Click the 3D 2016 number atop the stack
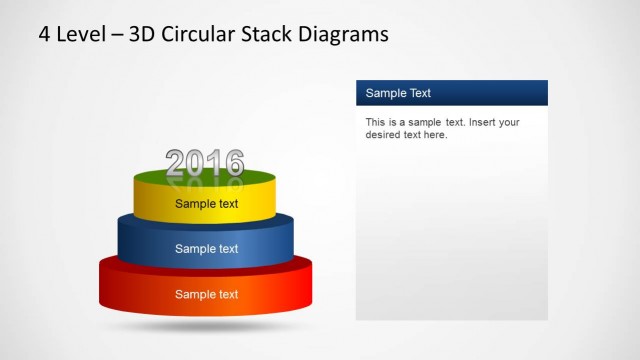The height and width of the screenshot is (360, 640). pos(205,163)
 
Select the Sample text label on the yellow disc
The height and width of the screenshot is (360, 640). pos(207,204)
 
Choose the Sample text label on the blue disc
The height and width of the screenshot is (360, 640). pos(207,249)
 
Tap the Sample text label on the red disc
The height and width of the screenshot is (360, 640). pos(207,294)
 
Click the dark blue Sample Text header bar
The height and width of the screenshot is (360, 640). pos(451,93)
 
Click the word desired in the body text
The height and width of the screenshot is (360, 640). pos(384,135)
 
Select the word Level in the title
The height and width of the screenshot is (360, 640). pos(82,35)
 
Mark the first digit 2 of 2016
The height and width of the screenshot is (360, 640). pos(176,163)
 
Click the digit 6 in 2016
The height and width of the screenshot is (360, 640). pos(234,163)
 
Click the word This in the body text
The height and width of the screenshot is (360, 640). pos(376,122)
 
